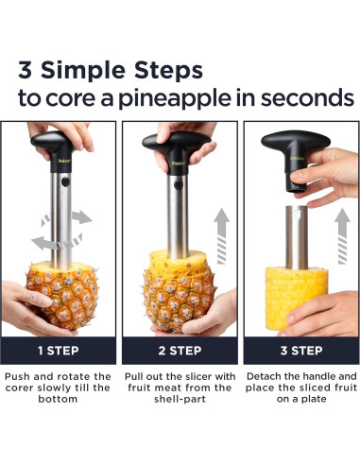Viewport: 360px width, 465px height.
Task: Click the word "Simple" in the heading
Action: point(84,71)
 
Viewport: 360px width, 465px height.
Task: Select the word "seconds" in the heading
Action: point(307,97)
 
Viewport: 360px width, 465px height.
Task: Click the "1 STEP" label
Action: point(59,351)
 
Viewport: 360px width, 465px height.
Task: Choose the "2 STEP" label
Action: point(180,351)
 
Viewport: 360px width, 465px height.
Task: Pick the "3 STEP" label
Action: point(301,351)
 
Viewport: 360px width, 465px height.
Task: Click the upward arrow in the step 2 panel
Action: point(221,236)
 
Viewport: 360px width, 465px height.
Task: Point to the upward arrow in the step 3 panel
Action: point(342,236)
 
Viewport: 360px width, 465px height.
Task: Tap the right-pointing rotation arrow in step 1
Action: point(81,217)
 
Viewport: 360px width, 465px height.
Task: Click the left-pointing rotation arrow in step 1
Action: point(44,243)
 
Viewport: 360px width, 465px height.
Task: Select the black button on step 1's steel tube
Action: point(65,181)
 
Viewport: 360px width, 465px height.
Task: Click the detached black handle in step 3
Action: point(295,159)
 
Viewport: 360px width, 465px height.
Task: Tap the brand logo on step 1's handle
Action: point(64,161)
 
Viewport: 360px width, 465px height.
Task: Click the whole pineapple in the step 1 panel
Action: point(62,295)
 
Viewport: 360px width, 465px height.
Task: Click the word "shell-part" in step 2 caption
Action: point(180,399)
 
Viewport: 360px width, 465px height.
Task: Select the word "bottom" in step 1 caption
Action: point(58,399)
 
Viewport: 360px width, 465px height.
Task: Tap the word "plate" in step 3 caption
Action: point(314,399)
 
